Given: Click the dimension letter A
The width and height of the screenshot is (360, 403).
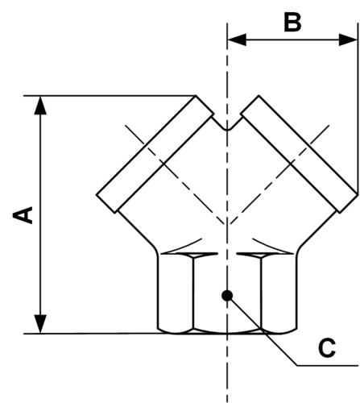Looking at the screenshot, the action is pos(23,215).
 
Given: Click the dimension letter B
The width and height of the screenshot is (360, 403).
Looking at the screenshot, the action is pos(292,23).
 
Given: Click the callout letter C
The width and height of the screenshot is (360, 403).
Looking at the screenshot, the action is pos(327,348).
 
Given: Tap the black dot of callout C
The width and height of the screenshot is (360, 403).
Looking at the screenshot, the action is pos(227,296).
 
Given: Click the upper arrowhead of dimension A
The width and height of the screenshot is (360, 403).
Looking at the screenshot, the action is pos(40,106).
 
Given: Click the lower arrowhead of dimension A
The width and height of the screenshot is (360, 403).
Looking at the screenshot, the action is pos(40,324).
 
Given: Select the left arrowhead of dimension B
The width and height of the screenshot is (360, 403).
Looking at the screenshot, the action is pos(237,39).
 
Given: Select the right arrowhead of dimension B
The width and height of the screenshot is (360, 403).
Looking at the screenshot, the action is pos(348,39).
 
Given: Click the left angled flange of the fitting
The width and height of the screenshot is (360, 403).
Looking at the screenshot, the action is pos(155,154).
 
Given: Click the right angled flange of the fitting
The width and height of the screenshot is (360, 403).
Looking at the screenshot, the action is pos(300,154).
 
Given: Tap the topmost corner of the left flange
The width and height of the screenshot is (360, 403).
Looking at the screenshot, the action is pos(196,95).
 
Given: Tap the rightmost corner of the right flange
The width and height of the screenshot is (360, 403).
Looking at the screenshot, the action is pos(358,194).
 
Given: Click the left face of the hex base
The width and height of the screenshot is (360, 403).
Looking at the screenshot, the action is pos(176,293).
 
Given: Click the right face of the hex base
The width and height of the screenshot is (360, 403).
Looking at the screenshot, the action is pos(279,293).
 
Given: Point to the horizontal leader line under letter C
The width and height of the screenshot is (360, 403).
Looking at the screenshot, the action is pos(328,365).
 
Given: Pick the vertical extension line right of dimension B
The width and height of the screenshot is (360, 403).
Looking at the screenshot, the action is pos(358,108).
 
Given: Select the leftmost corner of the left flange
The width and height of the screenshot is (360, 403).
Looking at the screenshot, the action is pos(97,194).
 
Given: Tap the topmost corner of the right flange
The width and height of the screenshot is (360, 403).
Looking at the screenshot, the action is pos(259,95).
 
